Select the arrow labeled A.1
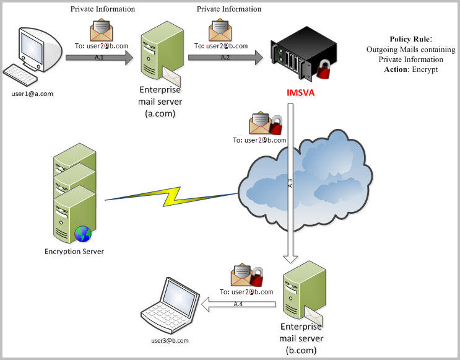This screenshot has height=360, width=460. [99, 58]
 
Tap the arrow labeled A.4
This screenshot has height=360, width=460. [238, 304]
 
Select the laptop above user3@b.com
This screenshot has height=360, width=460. [171, 306]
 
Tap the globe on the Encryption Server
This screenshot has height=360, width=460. [83, 234]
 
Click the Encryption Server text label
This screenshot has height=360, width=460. [74, 252]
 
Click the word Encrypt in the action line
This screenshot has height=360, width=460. [425, 69]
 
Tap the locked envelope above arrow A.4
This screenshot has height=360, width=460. [246, 276]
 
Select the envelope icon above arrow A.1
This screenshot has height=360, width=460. [101, 30]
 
